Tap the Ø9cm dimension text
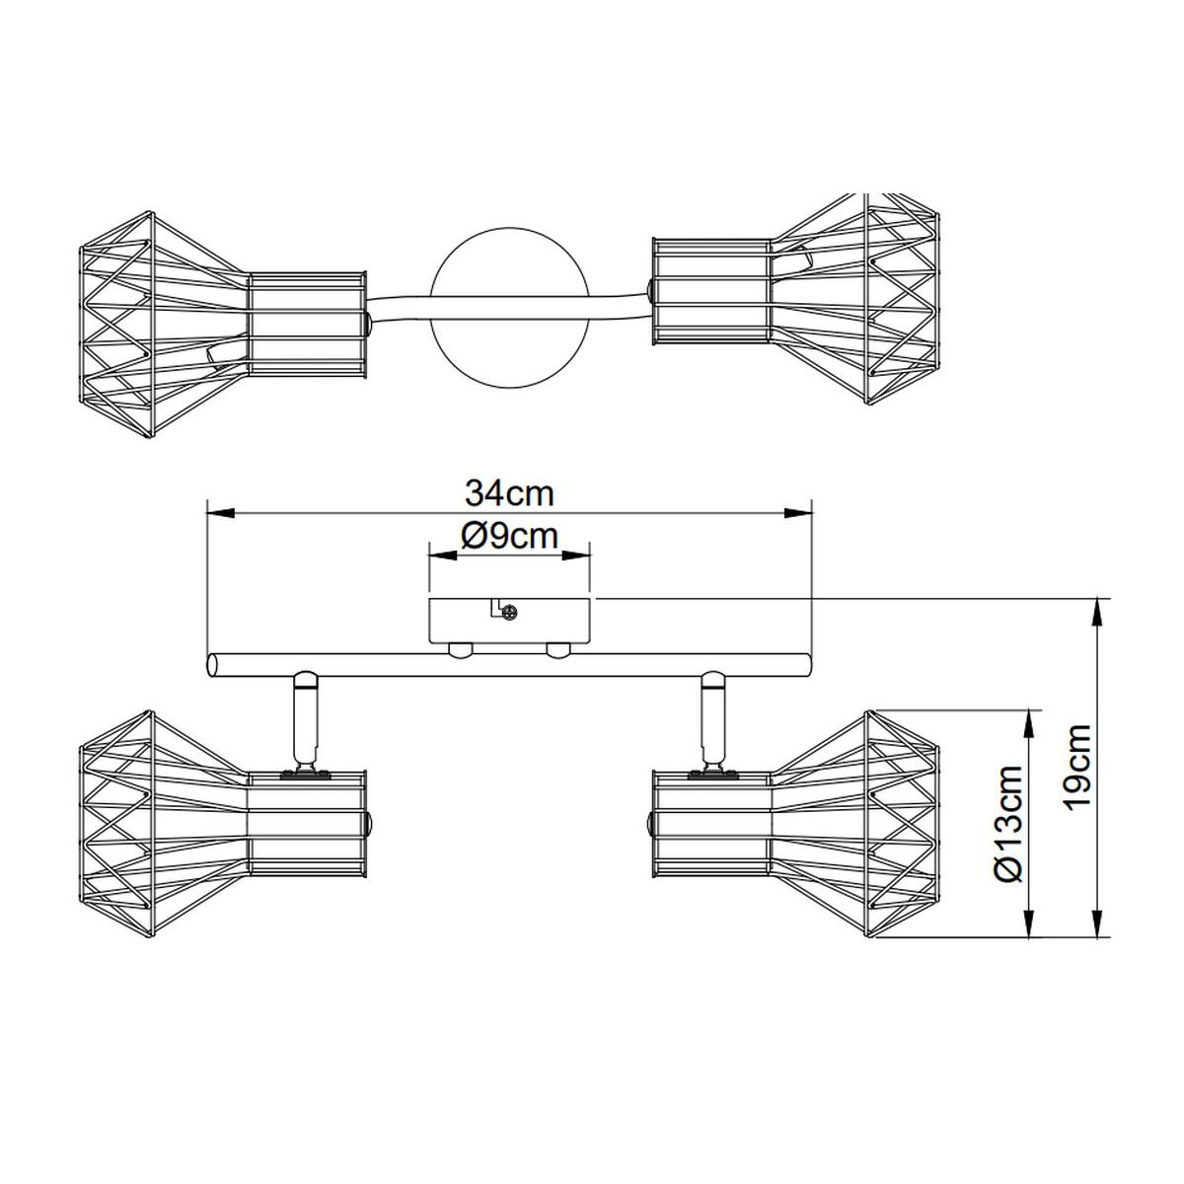pyautogui.click(x=509, y=537)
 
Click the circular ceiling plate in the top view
pyautogui.click(x=509, y=309)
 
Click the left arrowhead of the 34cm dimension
pyautogui.click(x=221, y=513)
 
